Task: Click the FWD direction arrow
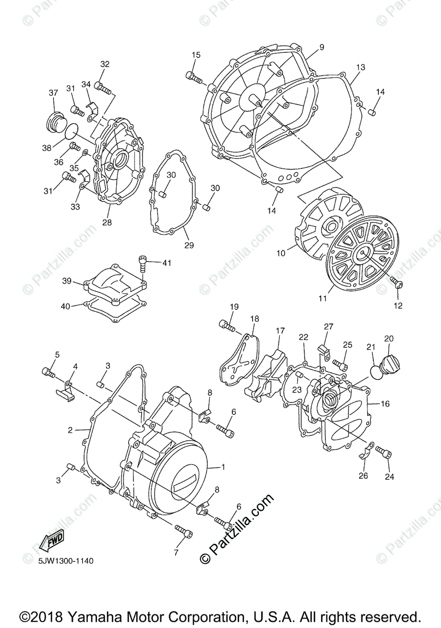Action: pyautogui.click(x=52, y=541)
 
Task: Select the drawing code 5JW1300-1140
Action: pyautogui.click(x=65, y=561)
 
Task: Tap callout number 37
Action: pyautogui.click(x=53, y=93)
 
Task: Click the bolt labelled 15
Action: pyautogui.click(x=194, y=77)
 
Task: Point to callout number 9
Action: pyautogui.click(x=321, y=47)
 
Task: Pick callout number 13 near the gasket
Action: pyautogui.click(x=360, y=68)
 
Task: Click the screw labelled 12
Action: pyautogui.click(x=397, y=283)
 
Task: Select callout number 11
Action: pyautogui.click(x=322, y=298)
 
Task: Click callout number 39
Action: pyautogui.click(x=66, y=281)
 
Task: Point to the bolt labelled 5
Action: pyautogui.click(x=48, y=372)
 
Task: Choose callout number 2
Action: pyautogui.click(x=70, y=430)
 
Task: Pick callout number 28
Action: pyautogui.click(x=107, y=223)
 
